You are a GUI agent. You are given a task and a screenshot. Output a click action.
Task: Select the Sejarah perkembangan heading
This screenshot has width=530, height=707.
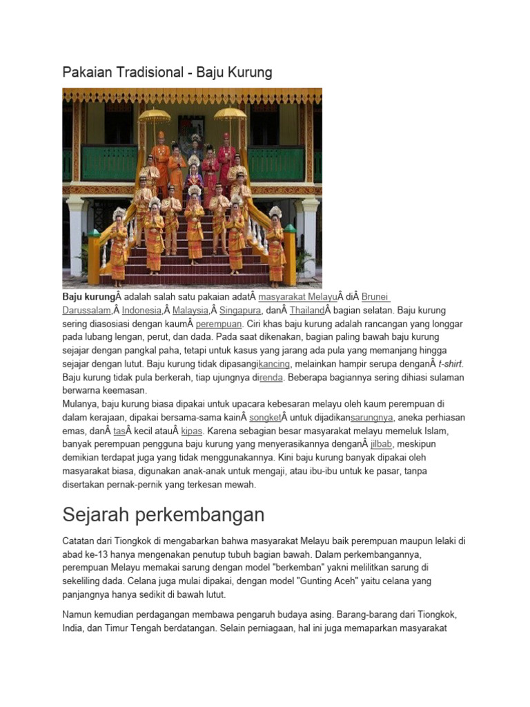click(163, 514)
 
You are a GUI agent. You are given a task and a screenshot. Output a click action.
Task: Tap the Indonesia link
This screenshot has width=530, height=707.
click(141, 311)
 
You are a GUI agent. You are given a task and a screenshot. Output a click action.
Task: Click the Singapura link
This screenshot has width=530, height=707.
click(240, 311)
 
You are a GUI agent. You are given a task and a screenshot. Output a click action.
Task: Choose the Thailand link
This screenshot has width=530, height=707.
click(307, 311)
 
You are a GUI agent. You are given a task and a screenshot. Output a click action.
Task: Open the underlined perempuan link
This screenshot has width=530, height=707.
click(219, 324)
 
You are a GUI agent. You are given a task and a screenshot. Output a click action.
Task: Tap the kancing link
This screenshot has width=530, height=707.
click(275, 364)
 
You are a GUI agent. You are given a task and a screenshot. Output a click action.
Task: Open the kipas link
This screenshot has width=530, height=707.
click(182, 431)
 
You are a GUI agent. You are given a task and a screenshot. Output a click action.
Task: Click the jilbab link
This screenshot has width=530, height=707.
click(381, 445)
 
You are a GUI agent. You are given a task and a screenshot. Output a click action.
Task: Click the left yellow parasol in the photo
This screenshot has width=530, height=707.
click(154, 115)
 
